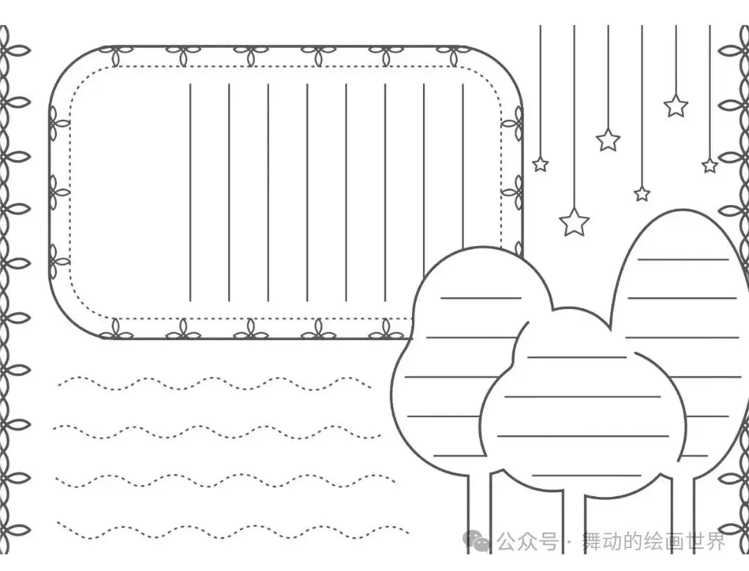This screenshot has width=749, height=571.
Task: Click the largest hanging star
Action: tap(574, 222)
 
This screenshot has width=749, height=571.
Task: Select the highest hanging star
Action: tap(675, 106)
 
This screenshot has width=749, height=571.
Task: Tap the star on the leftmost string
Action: tap(540, 164)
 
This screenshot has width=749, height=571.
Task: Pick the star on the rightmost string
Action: tap(709, 166)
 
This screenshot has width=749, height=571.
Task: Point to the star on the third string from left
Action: tap(608, 139)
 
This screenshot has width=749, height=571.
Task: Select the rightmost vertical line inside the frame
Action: tap(463, 173)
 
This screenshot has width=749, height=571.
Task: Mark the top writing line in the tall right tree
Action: tap(682, 259)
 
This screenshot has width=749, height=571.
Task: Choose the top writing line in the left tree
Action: tap(481, 298)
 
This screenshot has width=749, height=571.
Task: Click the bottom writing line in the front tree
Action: tap(587, 475)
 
